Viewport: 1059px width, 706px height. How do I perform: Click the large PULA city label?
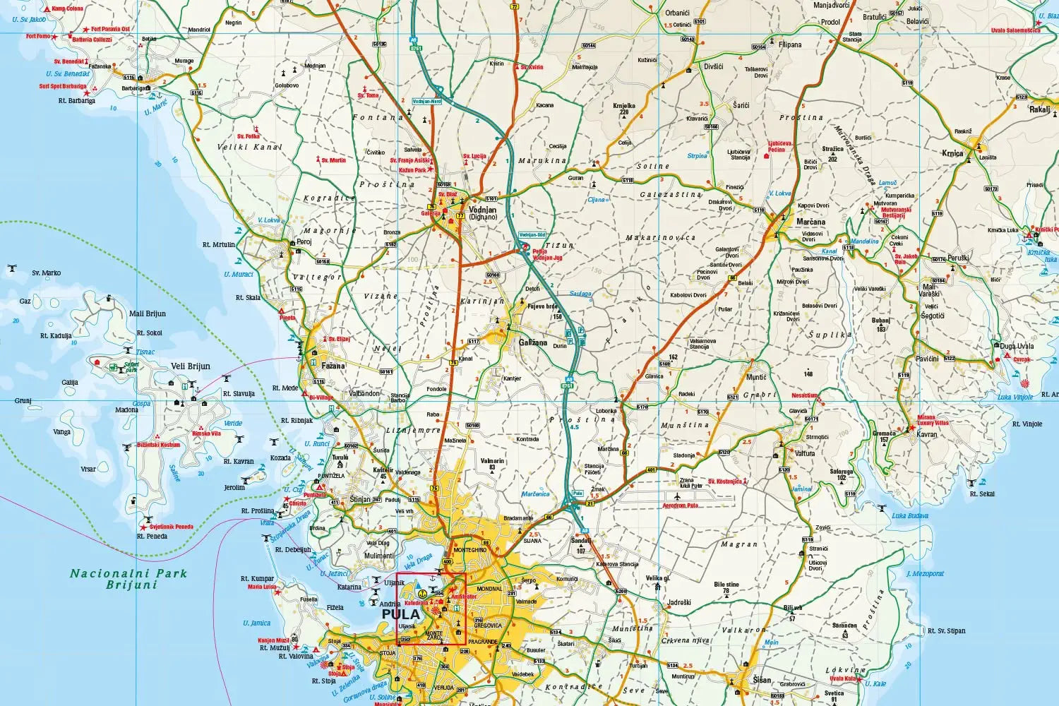400,614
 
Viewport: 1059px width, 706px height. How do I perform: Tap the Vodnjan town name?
483,210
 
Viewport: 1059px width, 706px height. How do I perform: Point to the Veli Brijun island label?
191,366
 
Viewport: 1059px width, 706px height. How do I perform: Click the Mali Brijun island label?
148,313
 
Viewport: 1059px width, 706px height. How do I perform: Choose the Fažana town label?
333,366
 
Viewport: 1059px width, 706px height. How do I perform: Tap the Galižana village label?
532,342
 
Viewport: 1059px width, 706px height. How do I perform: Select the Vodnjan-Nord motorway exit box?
426,102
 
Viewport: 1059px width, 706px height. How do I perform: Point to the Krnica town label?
952,153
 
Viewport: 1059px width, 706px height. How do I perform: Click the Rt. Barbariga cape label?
77,101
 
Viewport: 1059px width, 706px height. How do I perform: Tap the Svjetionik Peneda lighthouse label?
171,527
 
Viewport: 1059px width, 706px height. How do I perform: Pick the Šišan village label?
762,680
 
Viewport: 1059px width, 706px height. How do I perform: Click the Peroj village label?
304,241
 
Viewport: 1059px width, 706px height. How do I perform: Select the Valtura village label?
805,453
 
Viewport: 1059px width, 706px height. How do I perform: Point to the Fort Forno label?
39,36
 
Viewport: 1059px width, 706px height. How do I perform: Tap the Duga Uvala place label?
1017,346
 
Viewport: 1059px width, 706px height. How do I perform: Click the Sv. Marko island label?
47,273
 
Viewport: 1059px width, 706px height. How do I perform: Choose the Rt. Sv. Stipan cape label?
946,630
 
